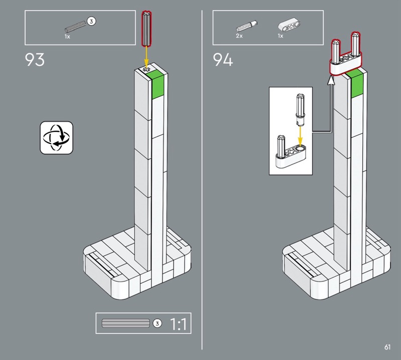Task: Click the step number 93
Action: pyautogui.click(x=35, y=60)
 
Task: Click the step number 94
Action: pyautogui.click(x=223, y=60)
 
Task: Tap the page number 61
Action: pyautogui.click(x=387, y=347)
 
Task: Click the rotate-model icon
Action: pyautogui.click(x=57, y=137)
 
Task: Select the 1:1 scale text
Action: pyautogui.click(x=178, y=324)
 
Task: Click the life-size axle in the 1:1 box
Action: pyautogui.click(x=126, y=323)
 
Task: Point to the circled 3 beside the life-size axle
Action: pyautogui.click(x=157, y=323)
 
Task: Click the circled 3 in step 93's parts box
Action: pyautogui.click(x=91, y=21)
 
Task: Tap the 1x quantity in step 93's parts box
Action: pyautogui.click(x=67, y=37)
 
